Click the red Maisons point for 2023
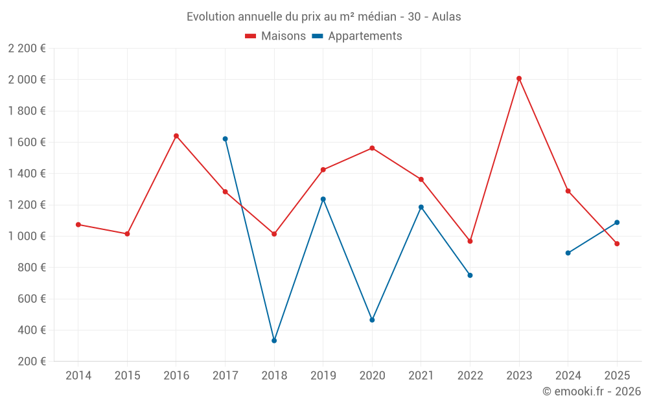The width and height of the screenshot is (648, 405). coord(519,78)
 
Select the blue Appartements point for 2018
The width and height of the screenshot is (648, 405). coord(274,340)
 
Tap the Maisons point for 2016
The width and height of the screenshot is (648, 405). coord(176,136)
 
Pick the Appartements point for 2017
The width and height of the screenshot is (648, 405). coord(225,139)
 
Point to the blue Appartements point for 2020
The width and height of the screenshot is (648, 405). coord(372,320)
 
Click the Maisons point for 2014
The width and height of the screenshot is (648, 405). coord(78,224)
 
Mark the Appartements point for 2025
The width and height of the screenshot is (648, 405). coord(617,222)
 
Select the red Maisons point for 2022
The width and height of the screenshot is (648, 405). coord(470,241)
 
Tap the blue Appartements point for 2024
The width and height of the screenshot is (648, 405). coord(568,253)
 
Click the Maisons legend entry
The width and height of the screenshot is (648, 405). coord(275,36)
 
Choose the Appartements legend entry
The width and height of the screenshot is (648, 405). coord(357,36)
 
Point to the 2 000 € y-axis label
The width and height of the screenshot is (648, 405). coord(27,80)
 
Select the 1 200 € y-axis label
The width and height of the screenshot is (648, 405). coord(27,205)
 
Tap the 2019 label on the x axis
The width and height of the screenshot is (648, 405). coord(323,376)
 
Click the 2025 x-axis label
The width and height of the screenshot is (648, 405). coord(617,376)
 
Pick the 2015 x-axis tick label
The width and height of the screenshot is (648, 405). coord(127,376)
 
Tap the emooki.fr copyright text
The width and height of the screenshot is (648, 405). coord(592,391)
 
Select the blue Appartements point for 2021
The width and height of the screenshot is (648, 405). coord(421,207)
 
